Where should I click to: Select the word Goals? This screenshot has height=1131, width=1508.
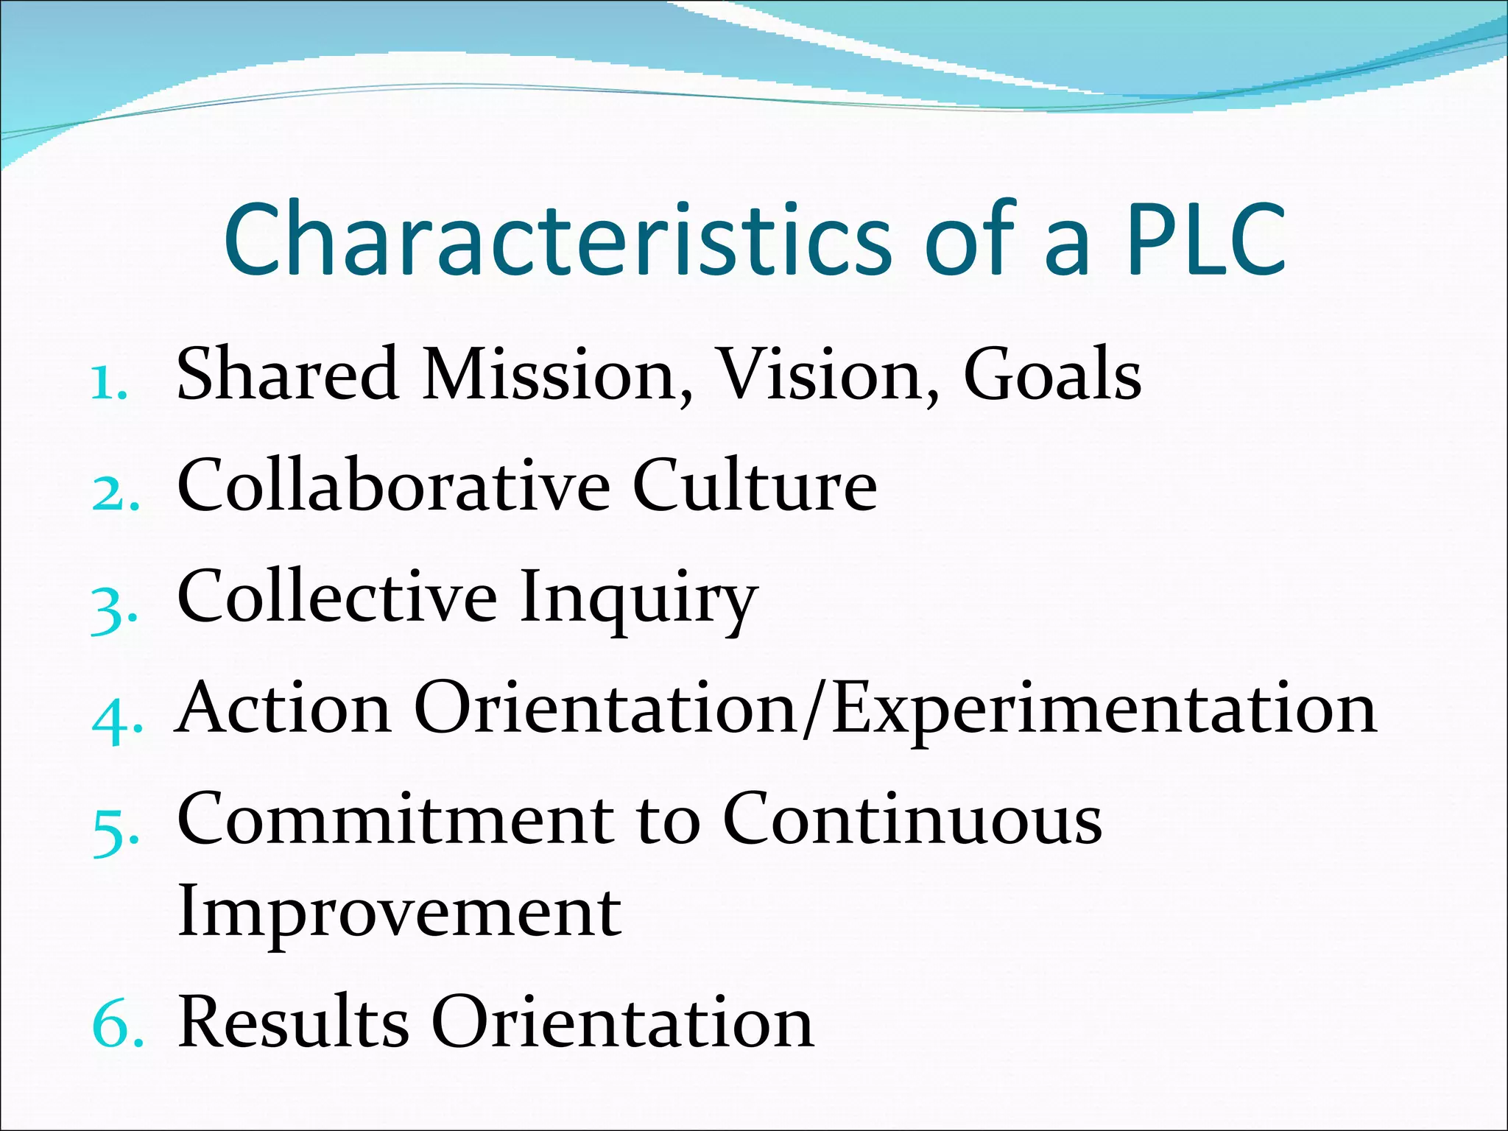(x=1052, y=376)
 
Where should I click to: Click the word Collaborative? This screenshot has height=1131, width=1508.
(x=394, y=486)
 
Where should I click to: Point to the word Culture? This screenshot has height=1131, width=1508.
(x=755, y=486)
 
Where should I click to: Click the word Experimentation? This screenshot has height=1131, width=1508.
(x=1104, y=710)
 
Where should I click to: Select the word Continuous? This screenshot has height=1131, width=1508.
(x=912, y=820)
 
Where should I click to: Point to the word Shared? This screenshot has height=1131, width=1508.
(x=288, y=376)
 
